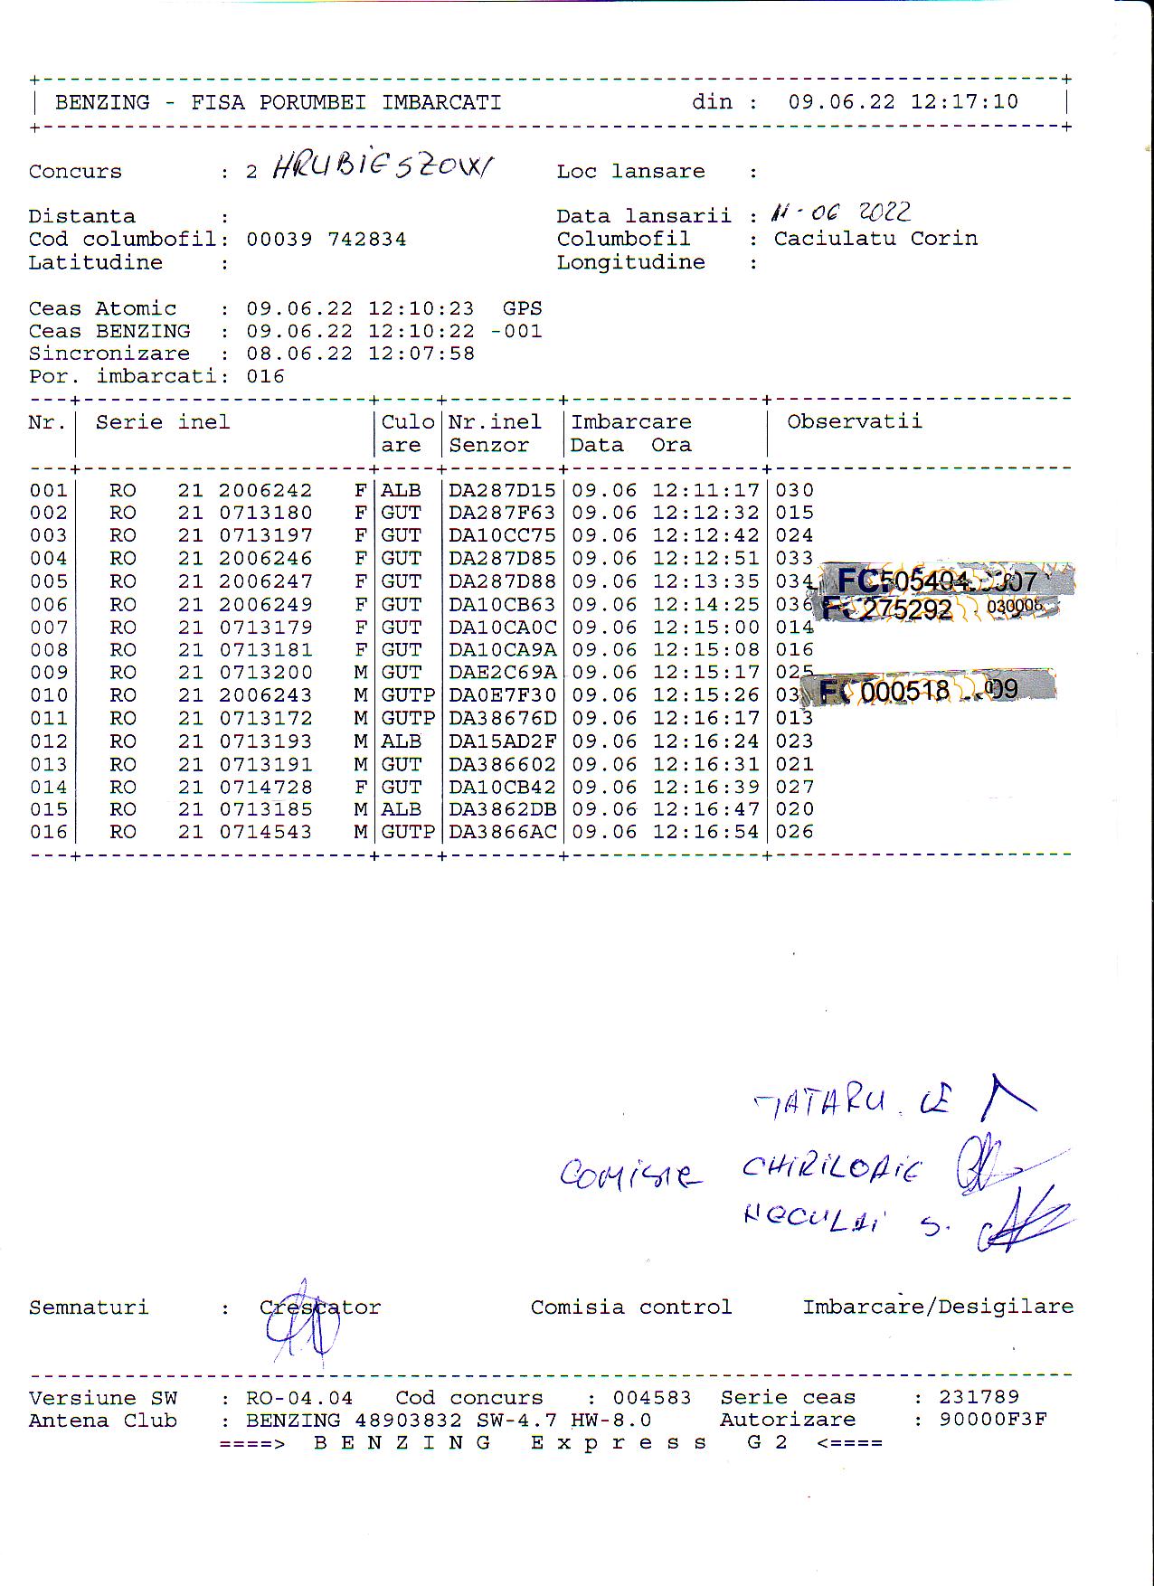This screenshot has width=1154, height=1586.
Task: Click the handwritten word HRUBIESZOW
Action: pyautogui.click(x=383, y=168)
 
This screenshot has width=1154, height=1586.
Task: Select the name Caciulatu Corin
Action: pyautogui.click(x=875, y=239)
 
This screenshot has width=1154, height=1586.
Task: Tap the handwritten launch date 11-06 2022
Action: pyautogui.click(x=840, y=212)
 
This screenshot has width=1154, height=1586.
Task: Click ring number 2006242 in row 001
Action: pyautogui.click(x=265, y=490)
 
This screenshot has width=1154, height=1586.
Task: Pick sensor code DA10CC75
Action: pyautogui.click(x=502, y=535)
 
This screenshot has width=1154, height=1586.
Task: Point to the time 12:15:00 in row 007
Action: pyautogui.click(x=705, y=628)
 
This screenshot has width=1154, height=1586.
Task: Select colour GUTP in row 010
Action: pyautogui.click(x=408, y=695)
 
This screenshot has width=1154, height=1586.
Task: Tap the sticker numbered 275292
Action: pyautogui.click(x=906, y=609)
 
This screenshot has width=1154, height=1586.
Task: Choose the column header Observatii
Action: pyautogui.click(x=854, y=421)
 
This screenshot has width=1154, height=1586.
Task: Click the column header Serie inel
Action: pyautogui.click(x=163, y=422)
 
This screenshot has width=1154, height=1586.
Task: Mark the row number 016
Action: pyautogui.click(x=49, y=832)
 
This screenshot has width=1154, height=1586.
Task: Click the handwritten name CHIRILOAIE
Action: pyautogui.click(x=830, y=1169)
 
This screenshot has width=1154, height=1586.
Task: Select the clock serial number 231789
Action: pyautogui.click(x=979, y=1397)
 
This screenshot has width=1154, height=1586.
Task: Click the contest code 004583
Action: pyautogui.click(x=652, y=1398)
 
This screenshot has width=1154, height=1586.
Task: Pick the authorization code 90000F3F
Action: pyautogui.click(x=992, y=1420)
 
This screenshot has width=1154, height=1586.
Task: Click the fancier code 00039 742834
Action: pyautogui.click(x=326, y=240)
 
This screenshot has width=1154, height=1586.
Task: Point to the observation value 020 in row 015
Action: pyautogui.click(x=794, y=809)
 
